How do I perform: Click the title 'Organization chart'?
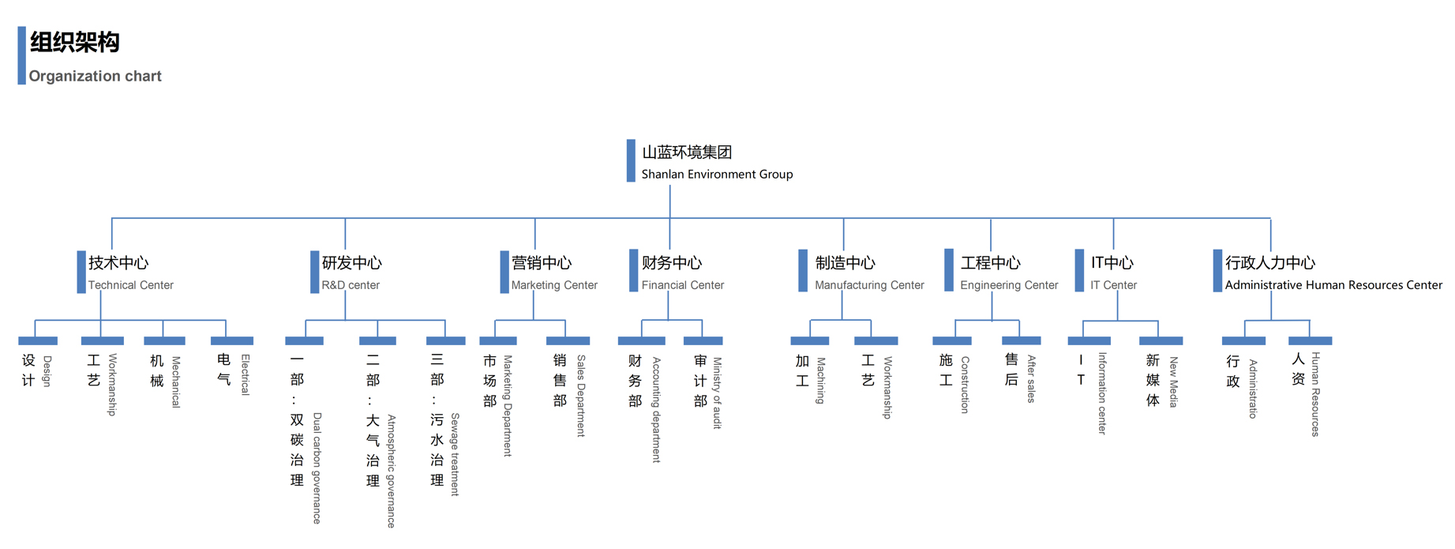(95, 76)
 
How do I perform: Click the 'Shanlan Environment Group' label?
(717, 174)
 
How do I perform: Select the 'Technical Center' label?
(130, 285)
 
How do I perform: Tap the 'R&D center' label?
(350, 285)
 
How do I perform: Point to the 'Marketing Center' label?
(554, 285)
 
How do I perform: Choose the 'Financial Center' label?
(682, 285)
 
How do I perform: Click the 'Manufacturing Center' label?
(869, 285)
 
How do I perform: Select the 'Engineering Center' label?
(1009, 285)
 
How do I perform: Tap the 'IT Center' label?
(1113, 285)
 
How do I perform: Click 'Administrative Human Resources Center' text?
(1333, 285)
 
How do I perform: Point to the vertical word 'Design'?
(47, 371)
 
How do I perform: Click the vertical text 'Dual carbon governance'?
(317, 468)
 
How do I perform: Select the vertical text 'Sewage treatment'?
(455, 454)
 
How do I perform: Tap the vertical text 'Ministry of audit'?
(718, 393)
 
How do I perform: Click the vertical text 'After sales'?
(1031, 379)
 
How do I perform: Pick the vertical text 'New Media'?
(1173, 382)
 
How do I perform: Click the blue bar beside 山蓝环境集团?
(631, 160)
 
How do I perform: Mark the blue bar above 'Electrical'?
(232, 340)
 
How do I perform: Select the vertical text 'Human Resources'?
(1315, 394)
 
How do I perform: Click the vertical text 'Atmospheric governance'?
(391, 471)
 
